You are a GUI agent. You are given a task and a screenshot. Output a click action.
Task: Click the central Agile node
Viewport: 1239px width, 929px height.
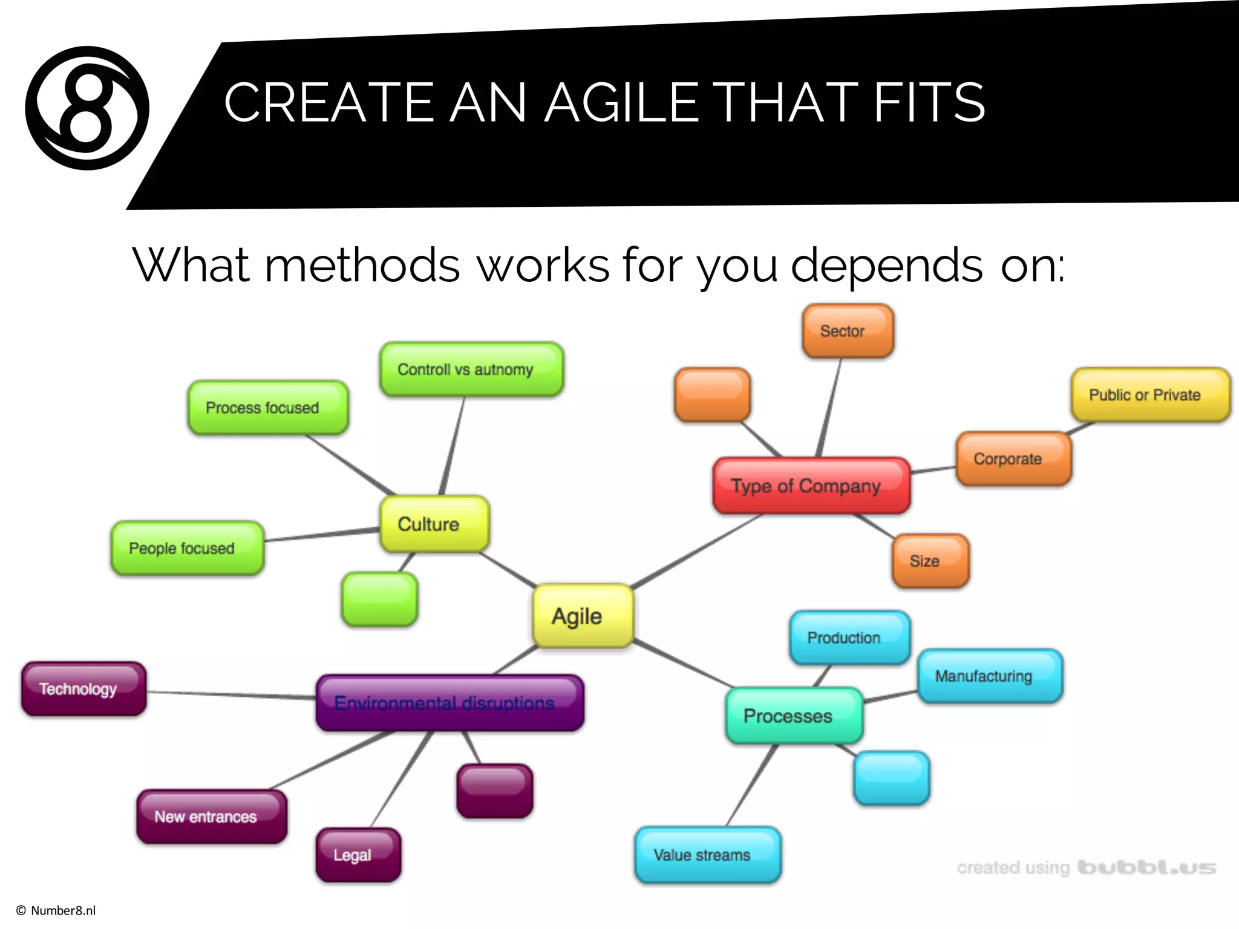(x=583, y=616)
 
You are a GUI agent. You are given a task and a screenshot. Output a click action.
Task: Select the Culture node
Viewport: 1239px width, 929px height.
(x=434, y=524)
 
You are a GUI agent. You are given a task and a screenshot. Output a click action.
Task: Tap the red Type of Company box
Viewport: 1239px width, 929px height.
(x=811, y=486)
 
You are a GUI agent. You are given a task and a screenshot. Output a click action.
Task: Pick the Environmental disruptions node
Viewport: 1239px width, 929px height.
(x=450, y=703)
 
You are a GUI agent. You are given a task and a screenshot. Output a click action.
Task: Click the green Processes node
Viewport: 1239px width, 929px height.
(x=793, y=715)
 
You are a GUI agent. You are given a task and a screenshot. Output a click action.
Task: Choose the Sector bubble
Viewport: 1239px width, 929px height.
(x=847, y=331)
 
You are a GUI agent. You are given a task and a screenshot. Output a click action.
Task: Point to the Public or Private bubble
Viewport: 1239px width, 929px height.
(x=1149, y=395)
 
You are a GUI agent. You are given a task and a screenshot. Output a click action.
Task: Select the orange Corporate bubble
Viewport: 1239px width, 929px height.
(x=1013, y=459)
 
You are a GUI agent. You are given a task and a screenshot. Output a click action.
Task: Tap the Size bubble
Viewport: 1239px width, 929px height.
(x=930, y=561)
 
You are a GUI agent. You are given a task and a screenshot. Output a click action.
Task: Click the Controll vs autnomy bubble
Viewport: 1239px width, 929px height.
(x=471, y=370)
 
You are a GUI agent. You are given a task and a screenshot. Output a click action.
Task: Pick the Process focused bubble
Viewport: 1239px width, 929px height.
(x=267, y=408)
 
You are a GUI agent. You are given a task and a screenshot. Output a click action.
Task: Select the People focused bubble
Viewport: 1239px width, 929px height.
(x=187, y=548)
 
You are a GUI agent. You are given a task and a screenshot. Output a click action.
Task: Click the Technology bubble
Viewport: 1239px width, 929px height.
(x=83, y=689)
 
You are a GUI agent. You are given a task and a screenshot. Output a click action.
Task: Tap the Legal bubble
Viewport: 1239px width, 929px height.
(x=358, y=855)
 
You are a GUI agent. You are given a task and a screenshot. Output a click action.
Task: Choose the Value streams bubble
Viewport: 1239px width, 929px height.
(x=707, y=855)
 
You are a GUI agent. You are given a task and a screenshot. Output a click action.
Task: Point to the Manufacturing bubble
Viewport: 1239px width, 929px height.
(x=989, y=676)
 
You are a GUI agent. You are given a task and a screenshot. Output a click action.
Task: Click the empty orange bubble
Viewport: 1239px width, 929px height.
(x=712, y=395)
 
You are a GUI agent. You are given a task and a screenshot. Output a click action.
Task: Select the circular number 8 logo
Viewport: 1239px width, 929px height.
(x=87, y=108)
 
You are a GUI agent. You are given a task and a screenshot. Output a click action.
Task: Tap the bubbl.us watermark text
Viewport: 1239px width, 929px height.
(x=1146, y=868)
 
